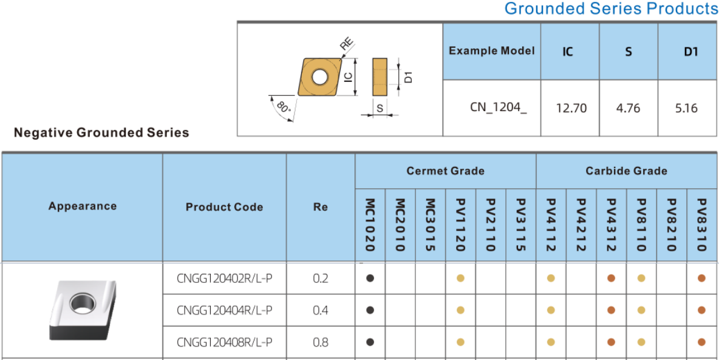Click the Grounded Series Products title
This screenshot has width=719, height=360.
[x=612, y=8]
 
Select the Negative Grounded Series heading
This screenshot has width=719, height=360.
[x=101, y=133]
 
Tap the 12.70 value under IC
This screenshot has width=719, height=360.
[x=571, y=109]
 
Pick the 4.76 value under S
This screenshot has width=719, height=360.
[x=628, y=109]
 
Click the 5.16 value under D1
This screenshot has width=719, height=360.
[x=686, y=109]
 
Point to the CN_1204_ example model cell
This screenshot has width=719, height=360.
[x=499, y=107]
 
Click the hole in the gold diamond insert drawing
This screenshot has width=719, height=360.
[x=318, y=76]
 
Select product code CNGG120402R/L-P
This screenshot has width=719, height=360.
[x=225, y=279]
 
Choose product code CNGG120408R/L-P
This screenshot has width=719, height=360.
[x=225, y=342]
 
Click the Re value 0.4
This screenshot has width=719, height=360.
[x=321, y=310]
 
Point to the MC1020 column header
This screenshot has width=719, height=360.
[x=370, y=225]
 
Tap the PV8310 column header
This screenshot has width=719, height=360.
[x=701, y=225]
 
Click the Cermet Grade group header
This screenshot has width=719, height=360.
[x=445, y=171]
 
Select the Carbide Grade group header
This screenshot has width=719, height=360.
[x=626, y=171]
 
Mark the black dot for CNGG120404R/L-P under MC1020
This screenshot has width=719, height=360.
[x=370, y=310]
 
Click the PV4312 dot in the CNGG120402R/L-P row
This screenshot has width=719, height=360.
[x=611, y=278]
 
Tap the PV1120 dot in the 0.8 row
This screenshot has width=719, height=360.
[x=460, y=342]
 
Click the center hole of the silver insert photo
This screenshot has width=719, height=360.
[x=83, y=303]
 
